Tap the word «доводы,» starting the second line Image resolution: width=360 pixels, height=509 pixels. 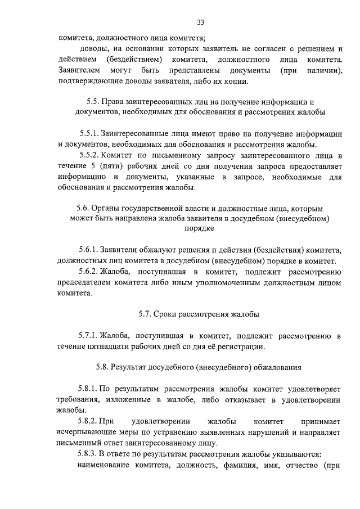point(93,49)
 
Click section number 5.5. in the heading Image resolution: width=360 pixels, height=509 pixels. point(93,102)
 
